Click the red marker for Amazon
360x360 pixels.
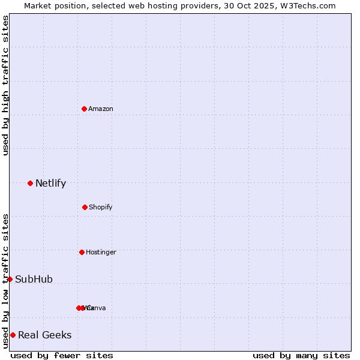click(84, 109)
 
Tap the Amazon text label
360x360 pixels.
click(101, 109)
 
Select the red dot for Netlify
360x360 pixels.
click(30, 183)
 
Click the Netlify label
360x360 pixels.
click(50, 184)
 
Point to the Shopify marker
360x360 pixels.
click(85, 207)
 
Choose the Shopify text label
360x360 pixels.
click(101, 208)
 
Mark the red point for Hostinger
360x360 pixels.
click(82, 252)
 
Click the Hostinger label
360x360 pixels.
click(101, 253)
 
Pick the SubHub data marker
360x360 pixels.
click(10, 279)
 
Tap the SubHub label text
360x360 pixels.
click(34, 280)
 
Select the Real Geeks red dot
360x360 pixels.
click(13, 335)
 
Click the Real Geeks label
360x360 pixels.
click(45, 335)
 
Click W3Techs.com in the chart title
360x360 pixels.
click(310, 6)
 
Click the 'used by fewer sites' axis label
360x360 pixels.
click(62, 355)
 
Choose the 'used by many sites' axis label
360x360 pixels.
click(301, 355)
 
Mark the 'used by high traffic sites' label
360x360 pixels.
click(5, 85)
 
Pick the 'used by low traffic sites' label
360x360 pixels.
click(5, 281)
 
